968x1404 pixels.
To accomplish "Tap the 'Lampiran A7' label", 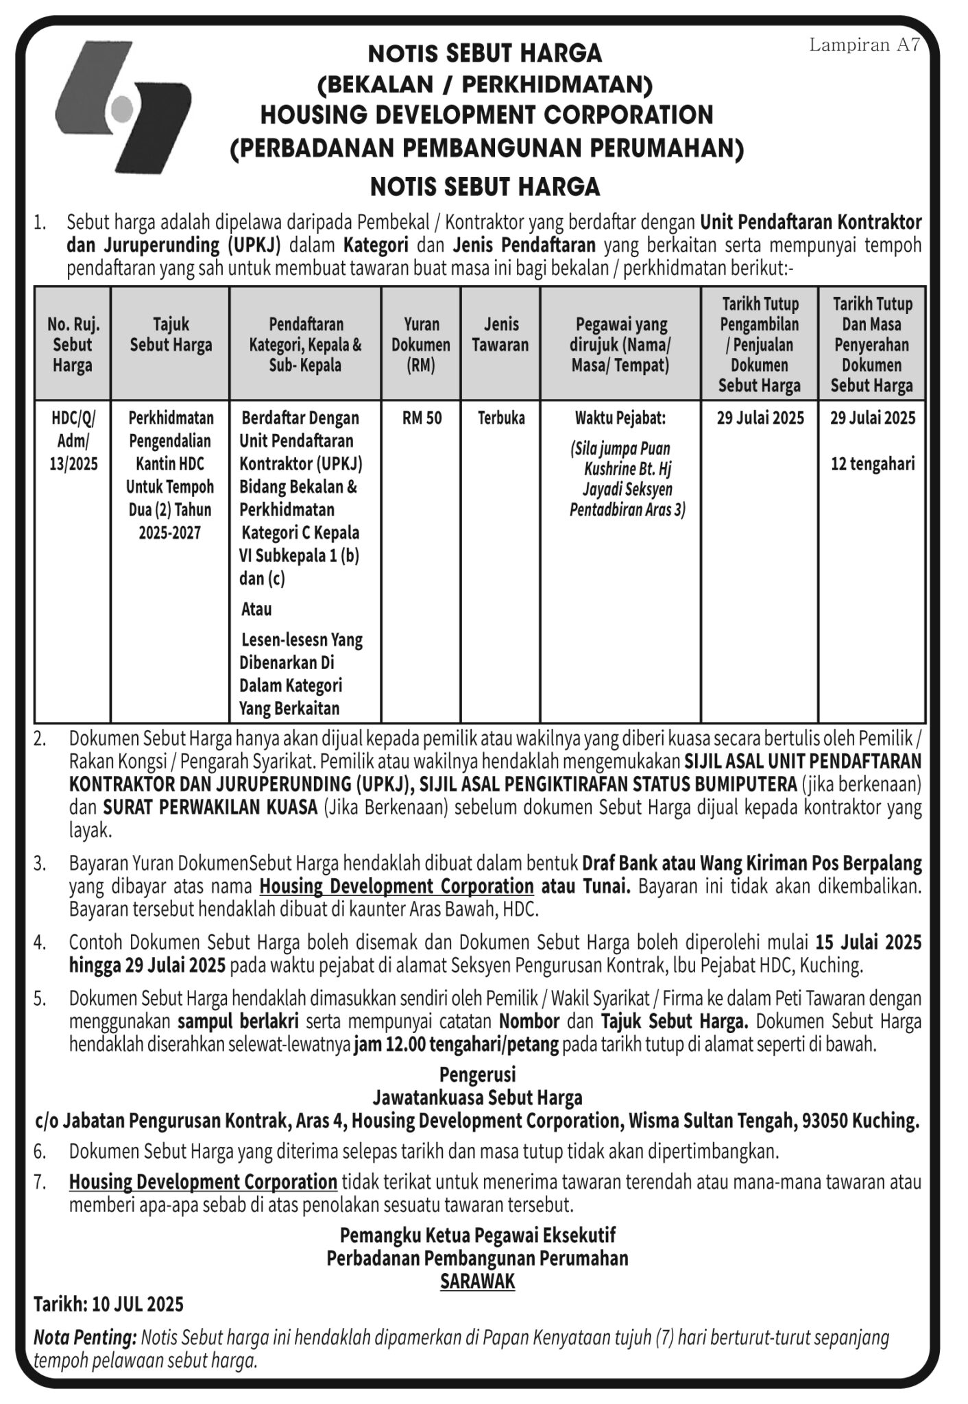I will tap(864, 45).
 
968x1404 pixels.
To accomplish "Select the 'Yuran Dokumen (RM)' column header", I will tap(420, 344).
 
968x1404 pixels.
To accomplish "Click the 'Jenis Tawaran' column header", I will tap(500, 335).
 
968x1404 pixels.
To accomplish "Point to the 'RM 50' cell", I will tap(422, 418).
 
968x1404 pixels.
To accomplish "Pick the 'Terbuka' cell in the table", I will tap(501, 418).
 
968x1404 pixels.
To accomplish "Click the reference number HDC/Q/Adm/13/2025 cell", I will tap(73, 440).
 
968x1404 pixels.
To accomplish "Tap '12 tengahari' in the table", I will tap(872, 464).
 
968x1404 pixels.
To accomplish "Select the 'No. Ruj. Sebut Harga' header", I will tap(73, 344).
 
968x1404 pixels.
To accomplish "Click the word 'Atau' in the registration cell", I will tap(256, 609).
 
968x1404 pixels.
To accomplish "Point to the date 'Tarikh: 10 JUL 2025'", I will tap(108, 1304).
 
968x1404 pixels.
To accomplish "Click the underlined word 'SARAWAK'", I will tap(477, 1281).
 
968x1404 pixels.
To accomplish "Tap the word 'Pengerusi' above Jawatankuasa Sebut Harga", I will tap(477, 1074).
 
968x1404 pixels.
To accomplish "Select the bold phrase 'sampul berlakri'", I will tap(237, 1021).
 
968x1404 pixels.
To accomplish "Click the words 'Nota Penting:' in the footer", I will tap(85, 1338).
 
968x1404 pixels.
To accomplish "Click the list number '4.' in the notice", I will tap(40, 943).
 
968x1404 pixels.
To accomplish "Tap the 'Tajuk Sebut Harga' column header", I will tap(171, 335).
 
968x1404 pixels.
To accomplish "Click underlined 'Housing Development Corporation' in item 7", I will tap(203, 1183).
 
